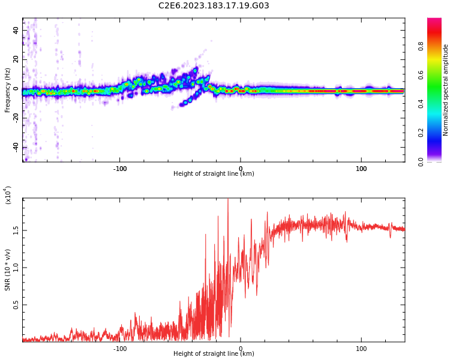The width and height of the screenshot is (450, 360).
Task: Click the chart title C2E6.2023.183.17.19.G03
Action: pyautogui.click(x=214, y=6)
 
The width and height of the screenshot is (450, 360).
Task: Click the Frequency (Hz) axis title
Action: pyautogui.click(x=8, y=90)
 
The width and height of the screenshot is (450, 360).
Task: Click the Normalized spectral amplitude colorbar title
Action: pyautogui.click(x=446, y=90)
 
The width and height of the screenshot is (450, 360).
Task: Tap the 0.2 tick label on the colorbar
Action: pyautogui.click(x=438, y=133)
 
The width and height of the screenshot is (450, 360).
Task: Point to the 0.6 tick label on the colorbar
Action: pyautogui.click(x=438, y=75)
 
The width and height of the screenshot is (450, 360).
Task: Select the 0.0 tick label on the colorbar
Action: pyautogui.click(x=438, y=161)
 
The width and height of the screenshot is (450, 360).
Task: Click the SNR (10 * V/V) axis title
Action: pyautogui.click(x=8, y=270)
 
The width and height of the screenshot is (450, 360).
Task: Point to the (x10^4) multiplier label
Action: pyautogui.click(x=8, y=195)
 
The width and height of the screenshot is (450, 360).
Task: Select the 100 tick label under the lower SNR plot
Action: pyautogui.click(x=361, y=349)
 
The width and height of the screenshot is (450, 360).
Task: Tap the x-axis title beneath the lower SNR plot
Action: pyautogui.click(x=214, y=354)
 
